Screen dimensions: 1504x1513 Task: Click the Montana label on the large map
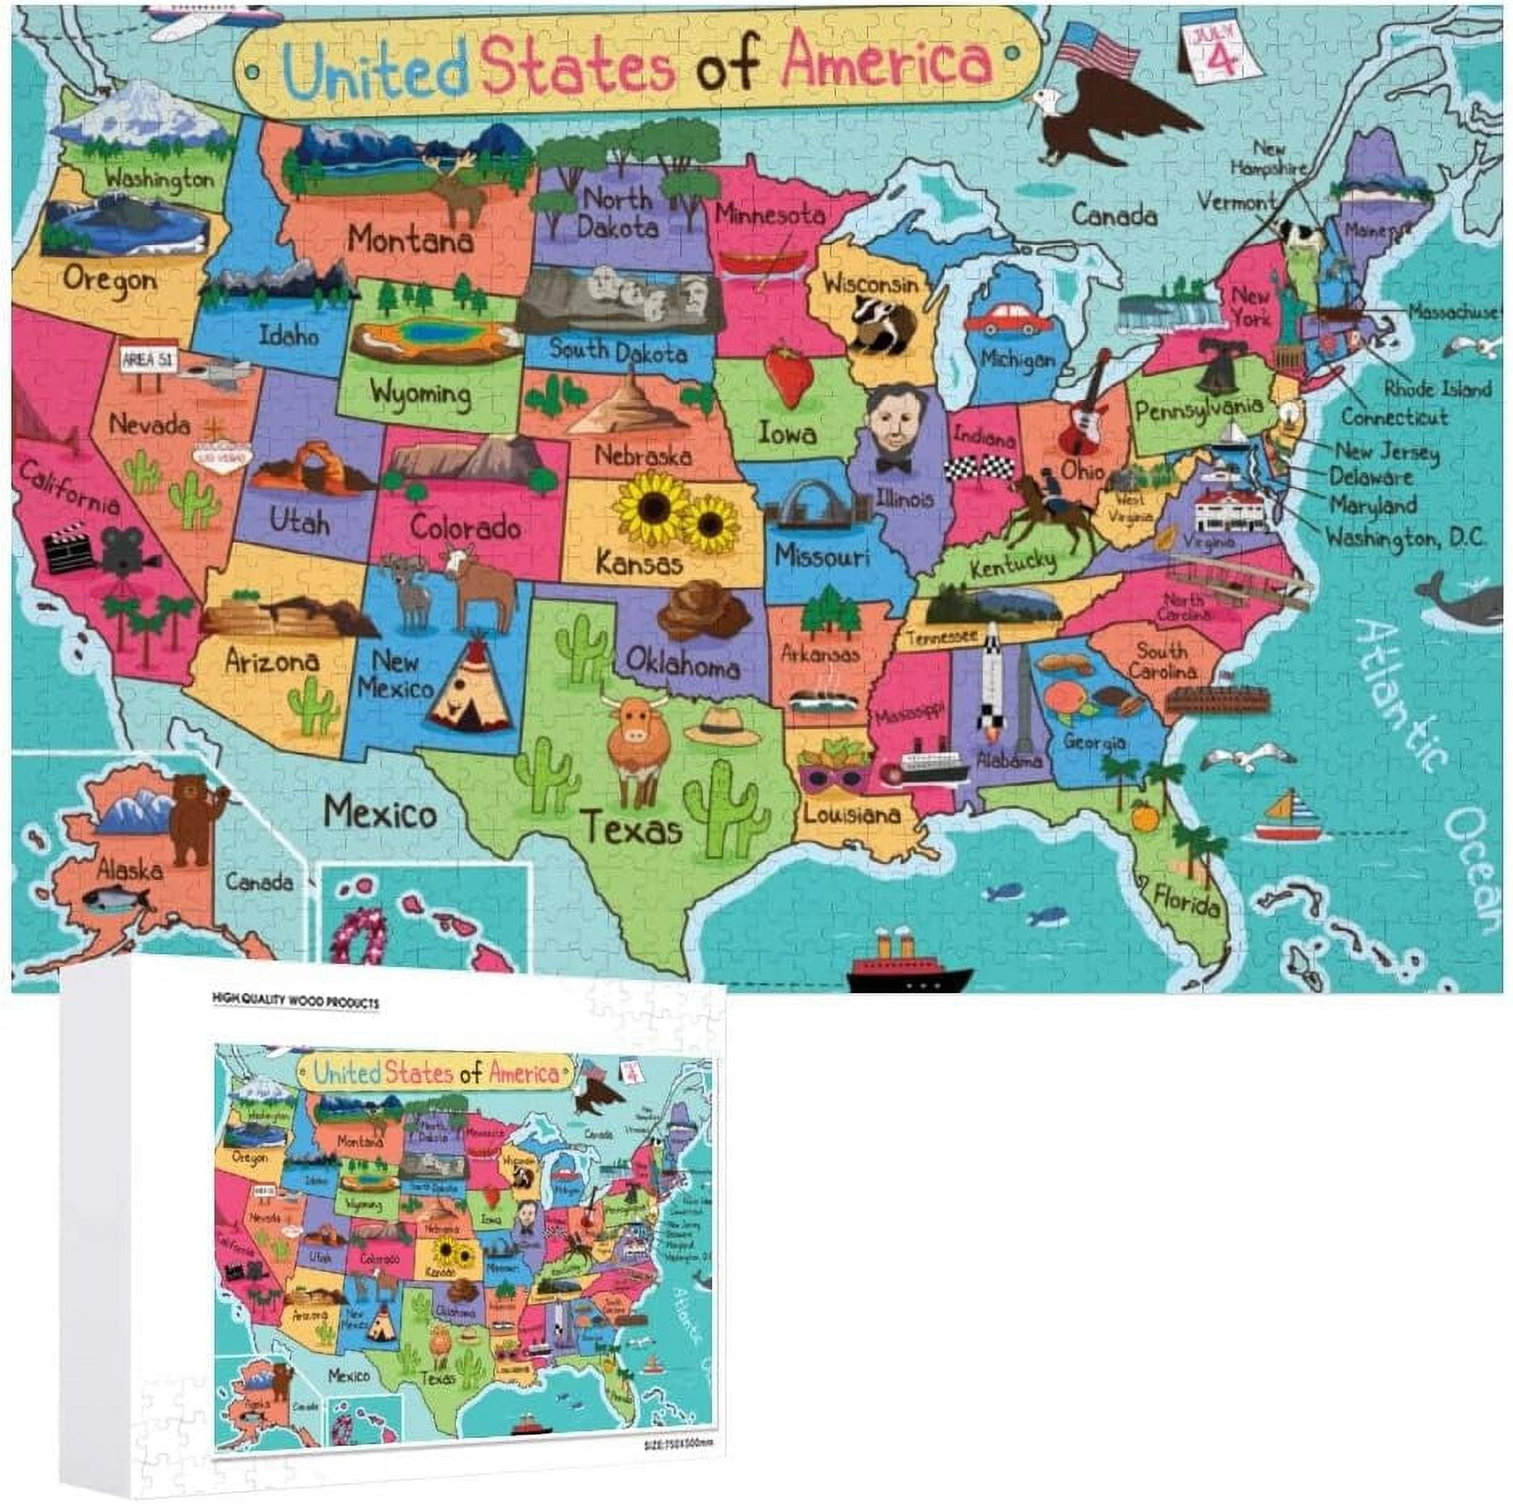click(410, 239)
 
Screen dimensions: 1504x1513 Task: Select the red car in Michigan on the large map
click(1007, 319)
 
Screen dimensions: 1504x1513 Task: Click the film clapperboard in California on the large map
click(69, 549)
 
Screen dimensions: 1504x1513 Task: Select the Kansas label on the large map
click(640, 562)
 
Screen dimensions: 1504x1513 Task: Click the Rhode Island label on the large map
click(1437, 388)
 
